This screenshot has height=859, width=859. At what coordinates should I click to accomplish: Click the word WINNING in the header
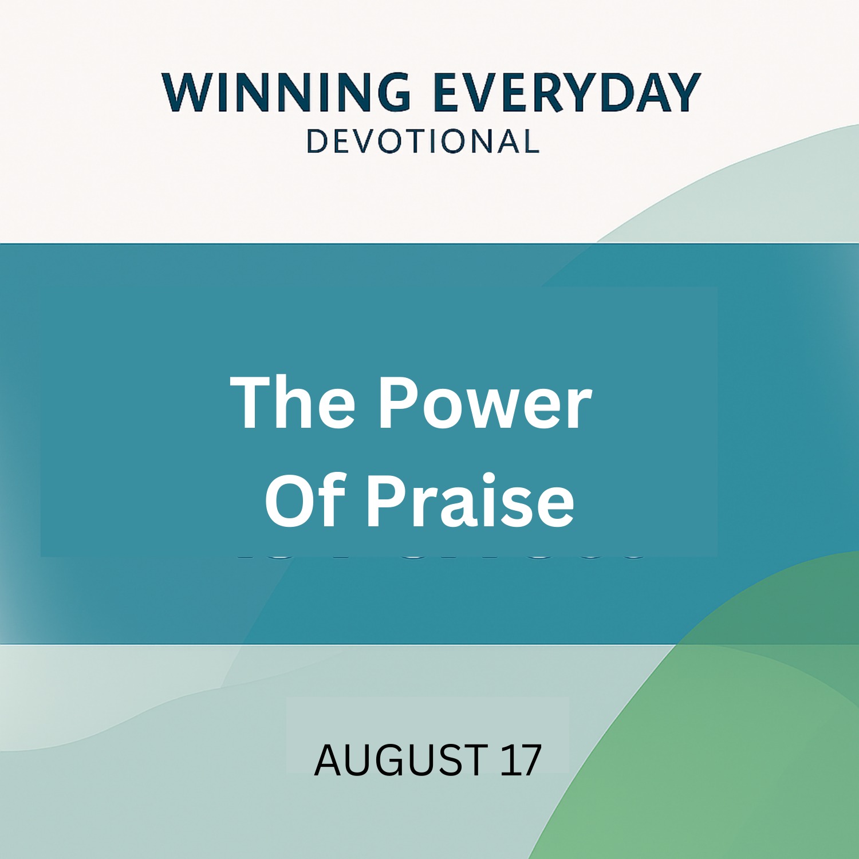click(x=286, y=92)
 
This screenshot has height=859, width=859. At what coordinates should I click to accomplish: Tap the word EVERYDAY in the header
click(x=567, y=92)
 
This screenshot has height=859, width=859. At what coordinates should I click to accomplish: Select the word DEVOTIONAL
click(x=423, y=141)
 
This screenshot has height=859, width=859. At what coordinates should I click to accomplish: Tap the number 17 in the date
click(x=521, y=760)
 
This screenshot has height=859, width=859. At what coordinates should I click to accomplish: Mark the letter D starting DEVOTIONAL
click(x=317, y=141)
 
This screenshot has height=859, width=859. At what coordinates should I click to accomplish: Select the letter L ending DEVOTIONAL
click(x=530, y=141)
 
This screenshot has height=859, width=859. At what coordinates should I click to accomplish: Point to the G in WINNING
click(x=391, y=92)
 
